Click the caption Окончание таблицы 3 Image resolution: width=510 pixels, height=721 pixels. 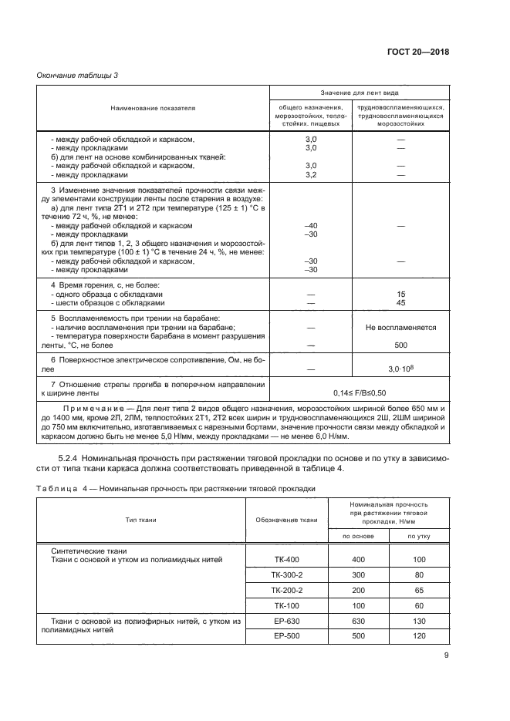(78, 75)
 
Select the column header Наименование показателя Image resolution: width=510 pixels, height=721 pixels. (153, 108)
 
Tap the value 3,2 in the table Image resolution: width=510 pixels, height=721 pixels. (312, 175)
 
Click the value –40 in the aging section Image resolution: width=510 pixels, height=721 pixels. (312, 225)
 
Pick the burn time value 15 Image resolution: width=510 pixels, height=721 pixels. (400, 295)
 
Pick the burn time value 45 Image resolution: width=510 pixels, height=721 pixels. (400, 303)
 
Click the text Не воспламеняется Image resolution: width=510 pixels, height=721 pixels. (400, 327)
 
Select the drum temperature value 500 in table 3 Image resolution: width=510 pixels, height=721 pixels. (400, 345)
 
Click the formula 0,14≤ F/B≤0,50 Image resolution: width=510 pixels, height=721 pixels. (358, 392)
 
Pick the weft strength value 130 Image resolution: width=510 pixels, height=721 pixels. (418, 622)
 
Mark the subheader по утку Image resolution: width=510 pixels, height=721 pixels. (418, 535)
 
